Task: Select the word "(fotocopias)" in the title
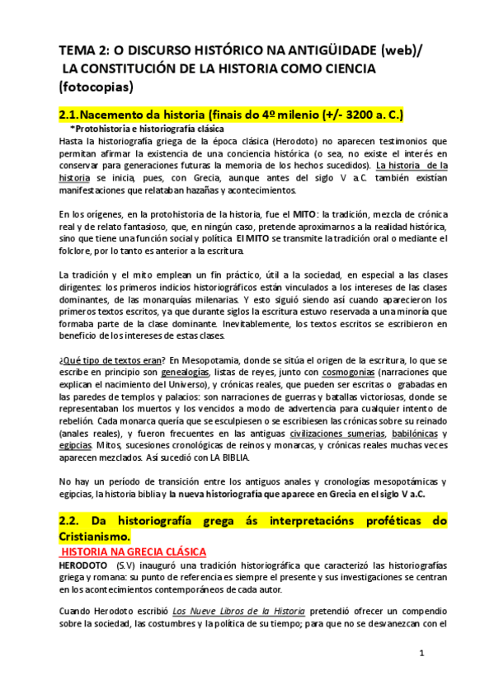(99, 86)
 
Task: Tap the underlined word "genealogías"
(187, 372)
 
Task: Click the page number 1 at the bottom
(421, 655)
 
